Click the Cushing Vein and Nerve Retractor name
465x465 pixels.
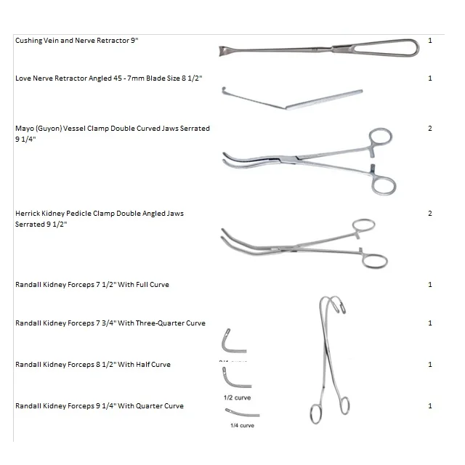coord(76,41)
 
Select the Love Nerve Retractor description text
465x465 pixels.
coord(108,78)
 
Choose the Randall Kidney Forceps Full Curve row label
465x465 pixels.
coord(92,285)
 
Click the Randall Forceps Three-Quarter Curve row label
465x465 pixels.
coord(110,323)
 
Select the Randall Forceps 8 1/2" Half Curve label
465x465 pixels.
coord(93,365)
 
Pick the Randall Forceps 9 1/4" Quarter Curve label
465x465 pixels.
coord(100,406)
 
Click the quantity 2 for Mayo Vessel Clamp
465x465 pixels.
coord(430,129)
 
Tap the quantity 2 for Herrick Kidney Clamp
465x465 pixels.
coord(430,214)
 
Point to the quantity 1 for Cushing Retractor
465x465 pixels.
coord(430,41)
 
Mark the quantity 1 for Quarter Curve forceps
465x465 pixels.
coord(430,406)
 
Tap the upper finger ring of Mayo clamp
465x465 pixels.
coord(380,139)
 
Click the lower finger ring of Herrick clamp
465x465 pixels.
coord(376,261)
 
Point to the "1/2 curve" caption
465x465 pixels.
coord(238,398)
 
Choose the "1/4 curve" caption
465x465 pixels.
coord(242,426)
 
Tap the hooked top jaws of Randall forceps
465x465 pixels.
coord(331,304)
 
